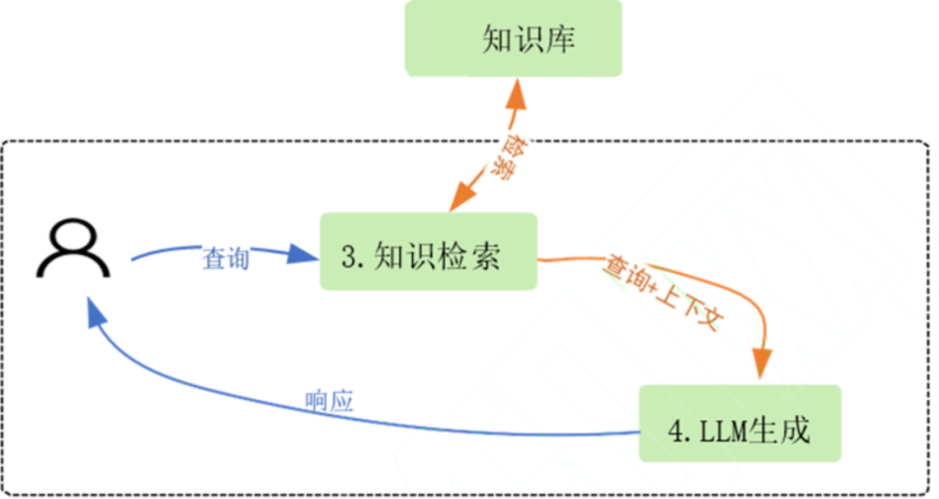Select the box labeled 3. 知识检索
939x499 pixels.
(429, 252)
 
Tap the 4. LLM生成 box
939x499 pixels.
(740, 424)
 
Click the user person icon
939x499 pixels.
(74, 249)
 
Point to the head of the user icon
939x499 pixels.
(74, 235)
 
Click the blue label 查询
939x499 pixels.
(225, 258)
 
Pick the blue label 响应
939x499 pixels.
(330, 402)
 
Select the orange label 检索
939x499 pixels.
(496, 156)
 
